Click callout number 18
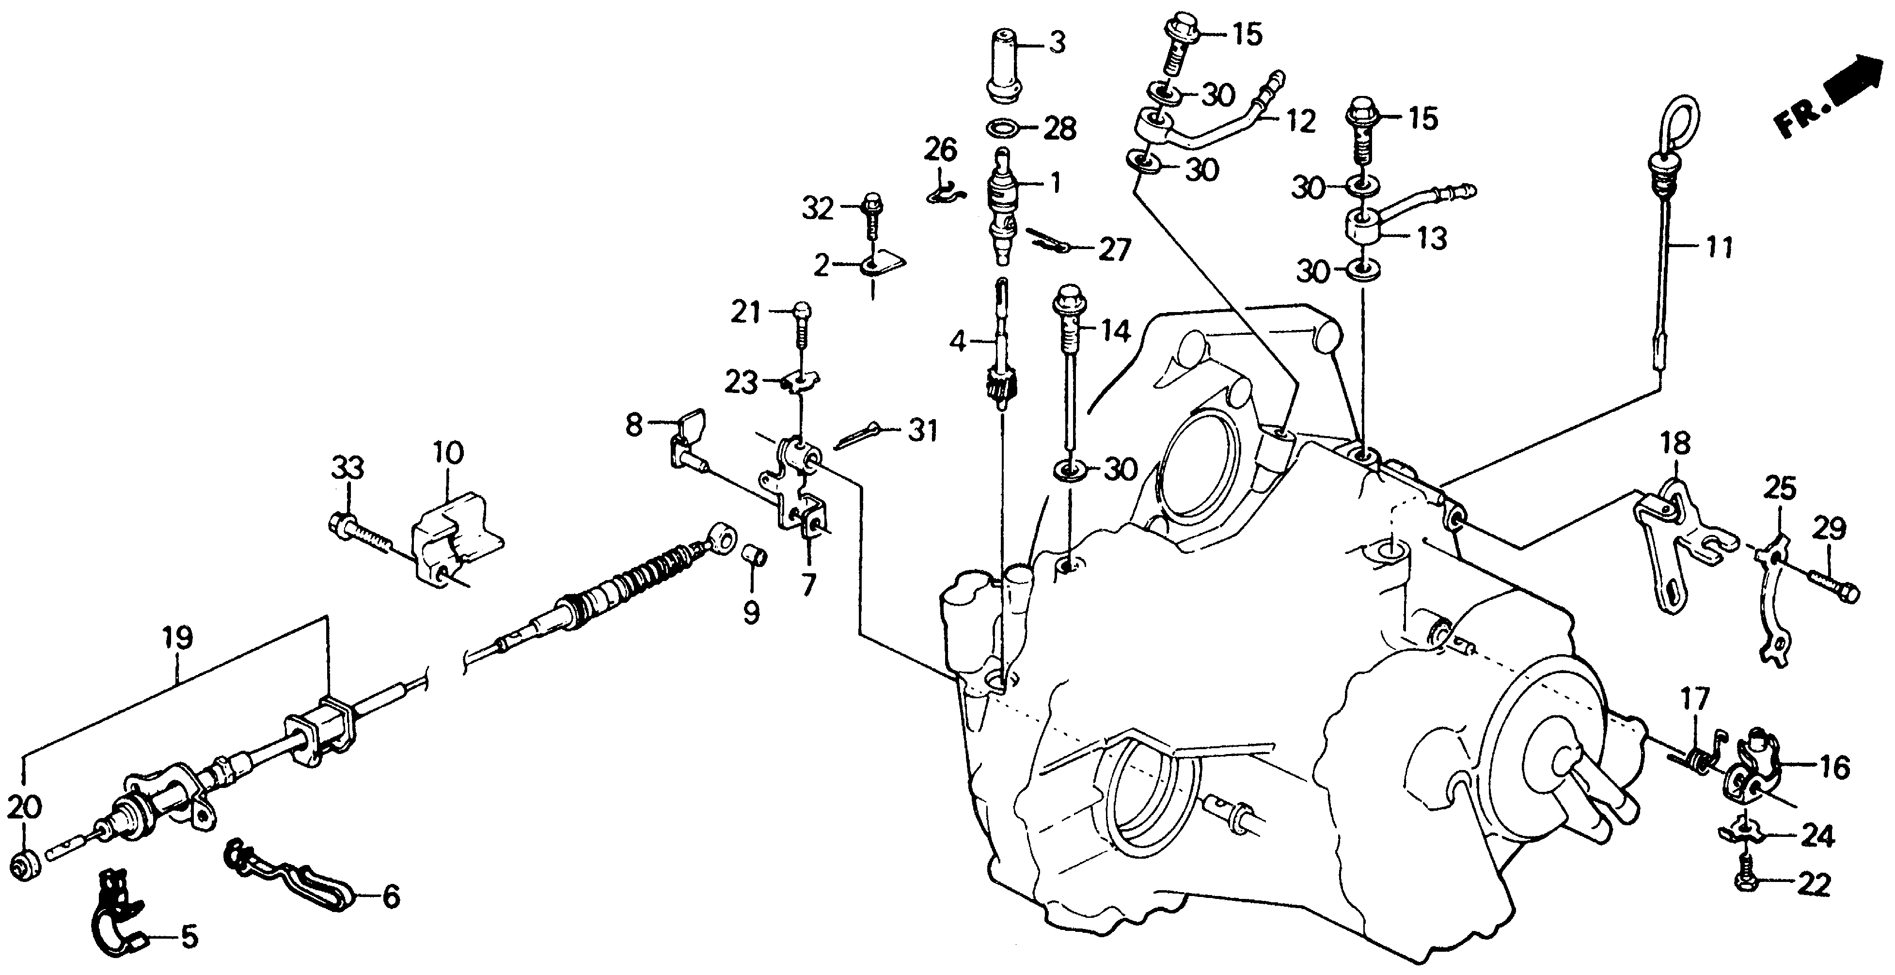coord(1678,444)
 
